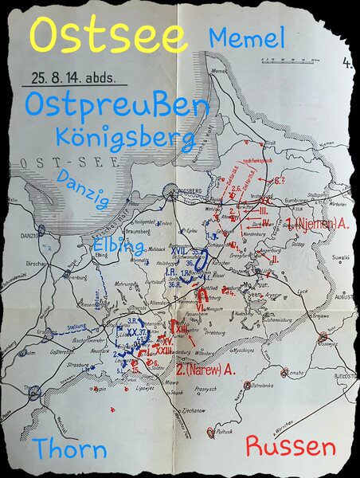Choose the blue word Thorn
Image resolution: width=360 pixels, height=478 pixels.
point(70,449)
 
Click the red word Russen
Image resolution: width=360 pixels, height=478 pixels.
point(290,445)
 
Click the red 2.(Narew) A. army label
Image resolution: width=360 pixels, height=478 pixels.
point(206,369)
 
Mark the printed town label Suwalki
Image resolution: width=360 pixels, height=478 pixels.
point(321,258)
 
